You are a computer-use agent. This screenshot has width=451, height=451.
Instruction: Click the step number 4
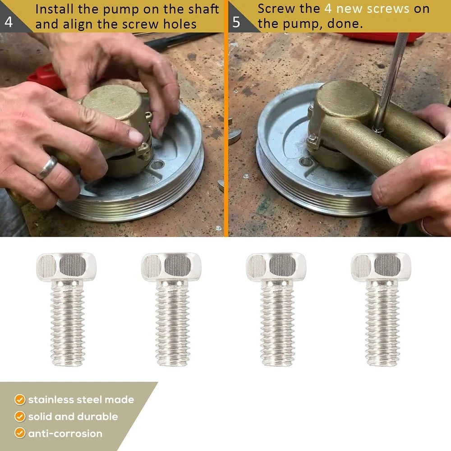(9, 22)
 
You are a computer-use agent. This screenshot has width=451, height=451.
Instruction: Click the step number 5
(236, 22)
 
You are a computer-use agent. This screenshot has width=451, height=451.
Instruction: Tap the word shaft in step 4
(204, 9)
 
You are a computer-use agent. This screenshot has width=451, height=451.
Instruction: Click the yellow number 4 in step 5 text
(328, 9)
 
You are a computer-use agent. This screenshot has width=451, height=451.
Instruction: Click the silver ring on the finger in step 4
(47, 168)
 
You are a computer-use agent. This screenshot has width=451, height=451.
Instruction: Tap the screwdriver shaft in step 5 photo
(391, 81)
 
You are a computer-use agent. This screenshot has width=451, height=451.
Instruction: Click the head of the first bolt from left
(66, 267)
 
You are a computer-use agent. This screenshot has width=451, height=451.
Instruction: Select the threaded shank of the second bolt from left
(172, 323)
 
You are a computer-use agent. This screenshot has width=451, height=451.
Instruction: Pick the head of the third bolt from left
(276, 267)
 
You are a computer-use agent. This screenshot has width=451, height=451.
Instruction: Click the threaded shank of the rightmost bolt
(382, 323)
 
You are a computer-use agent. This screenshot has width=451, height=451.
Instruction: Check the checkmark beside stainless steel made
(20, 400)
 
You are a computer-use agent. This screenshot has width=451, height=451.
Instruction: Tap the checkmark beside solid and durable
(20, 416)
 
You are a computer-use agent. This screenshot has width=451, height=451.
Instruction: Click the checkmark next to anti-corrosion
(20, 433)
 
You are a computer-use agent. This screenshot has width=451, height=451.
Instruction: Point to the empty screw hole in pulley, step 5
(305, 161)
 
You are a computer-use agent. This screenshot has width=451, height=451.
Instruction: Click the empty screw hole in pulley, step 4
(157, 165)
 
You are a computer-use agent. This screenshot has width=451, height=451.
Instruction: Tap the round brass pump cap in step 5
(346, 98)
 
